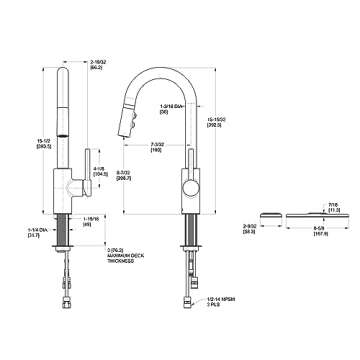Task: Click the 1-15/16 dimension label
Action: click(x=93, y=222)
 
